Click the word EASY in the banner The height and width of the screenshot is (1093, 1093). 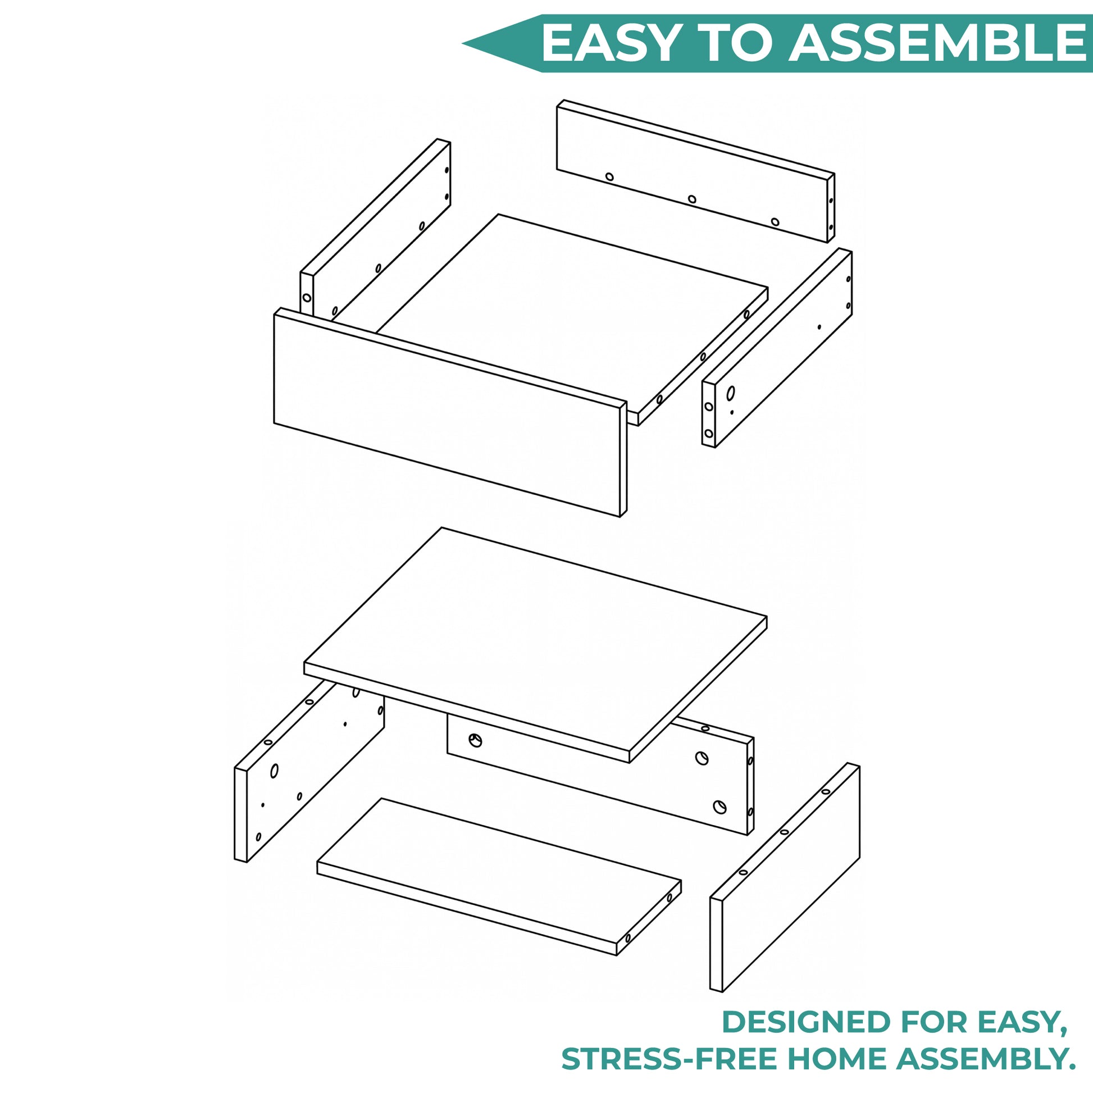609,44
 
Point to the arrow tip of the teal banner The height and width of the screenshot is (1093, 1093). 463,44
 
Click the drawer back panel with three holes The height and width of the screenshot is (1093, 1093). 695,171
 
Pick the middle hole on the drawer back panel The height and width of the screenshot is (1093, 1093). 692,199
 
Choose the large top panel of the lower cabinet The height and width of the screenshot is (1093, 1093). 535,645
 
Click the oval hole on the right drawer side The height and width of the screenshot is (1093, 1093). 731,393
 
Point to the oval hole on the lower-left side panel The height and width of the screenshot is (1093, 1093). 275,771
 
